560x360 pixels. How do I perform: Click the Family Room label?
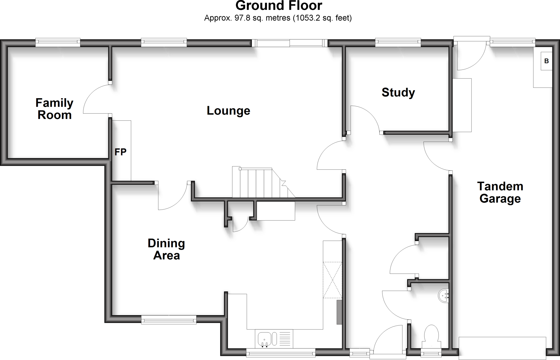(x=54, y=109)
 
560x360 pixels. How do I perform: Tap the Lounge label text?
(x=228, y=111)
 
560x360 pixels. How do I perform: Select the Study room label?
(x=398, y=92)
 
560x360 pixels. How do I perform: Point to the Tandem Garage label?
(x=500, y=192)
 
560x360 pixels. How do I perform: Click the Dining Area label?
(x=166, y=249)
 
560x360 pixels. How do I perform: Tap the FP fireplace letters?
(x=120, y=152)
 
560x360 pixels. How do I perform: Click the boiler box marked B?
(x=546, y=61)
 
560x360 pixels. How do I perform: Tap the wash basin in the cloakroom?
(x=443, y=296)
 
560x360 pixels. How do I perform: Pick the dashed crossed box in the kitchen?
(x=332, y=280)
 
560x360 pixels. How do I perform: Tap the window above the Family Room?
(x=58, y=42)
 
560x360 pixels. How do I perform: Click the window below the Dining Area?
(x=169, y=320)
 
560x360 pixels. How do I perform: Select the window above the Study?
(x=398, y=42)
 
